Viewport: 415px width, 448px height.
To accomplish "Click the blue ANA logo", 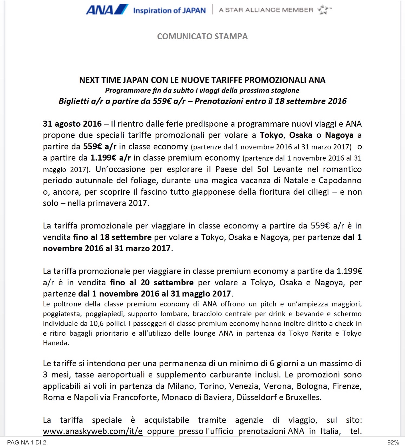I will tap(107, 10).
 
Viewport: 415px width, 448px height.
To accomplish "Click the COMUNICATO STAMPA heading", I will tap(202, 36).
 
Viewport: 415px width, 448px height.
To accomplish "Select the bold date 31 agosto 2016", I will tap(72, 124).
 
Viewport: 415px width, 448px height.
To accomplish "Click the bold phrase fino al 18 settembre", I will tap(112, 237).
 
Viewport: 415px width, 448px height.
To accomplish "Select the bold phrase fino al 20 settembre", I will tap(152, 283).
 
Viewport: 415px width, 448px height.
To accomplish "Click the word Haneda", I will tap(56, 343).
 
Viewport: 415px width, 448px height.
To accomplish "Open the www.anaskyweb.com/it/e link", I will tap(93, 431).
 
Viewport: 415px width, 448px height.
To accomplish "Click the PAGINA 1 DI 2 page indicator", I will tap(27, 442).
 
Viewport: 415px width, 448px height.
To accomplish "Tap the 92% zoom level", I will tap(393, 442).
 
